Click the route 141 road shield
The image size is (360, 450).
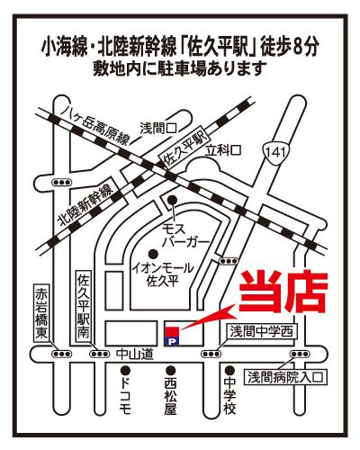tap(278, 153)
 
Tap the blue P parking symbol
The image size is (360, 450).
tap(172, 340)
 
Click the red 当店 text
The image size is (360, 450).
tap(283, 292)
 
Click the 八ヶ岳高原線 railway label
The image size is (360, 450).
tap(95, 127)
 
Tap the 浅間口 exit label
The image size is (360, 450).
tap(158, 129)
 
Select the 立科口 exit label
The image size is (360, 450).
tap(223, 150)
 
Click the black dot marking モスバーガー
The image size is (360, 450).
tap(172, 199)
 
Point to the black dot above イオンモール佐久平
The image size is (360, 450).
tap(153, 254)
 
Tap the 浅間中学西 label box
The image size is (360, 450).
tap(261, 332)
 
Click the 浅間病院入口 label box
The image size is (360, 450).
tap(286, 377)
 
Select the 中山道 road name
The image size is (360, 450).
tap(135, 355)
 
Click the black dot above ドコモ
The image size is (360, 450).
tap(125, 370)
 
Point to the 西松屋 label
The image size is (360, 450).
tap(170, 398)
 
